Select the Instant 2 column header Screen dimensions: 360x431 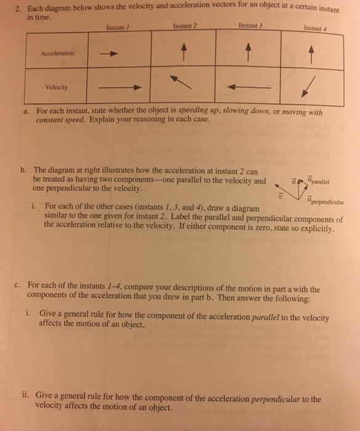pyautogui.click(x=184, y=26)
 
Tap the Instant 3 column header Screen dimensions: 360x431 pyautogui.click(x=249, y=26)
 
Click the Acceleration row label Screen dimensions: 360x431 pyautogui.click(x=57, y=53)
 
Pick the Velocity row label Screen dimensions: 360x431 pyautogui.click(x=58, y=87)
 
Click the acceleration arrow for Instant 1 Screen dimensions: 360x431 pyautogui.click(x=110, y=54)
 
